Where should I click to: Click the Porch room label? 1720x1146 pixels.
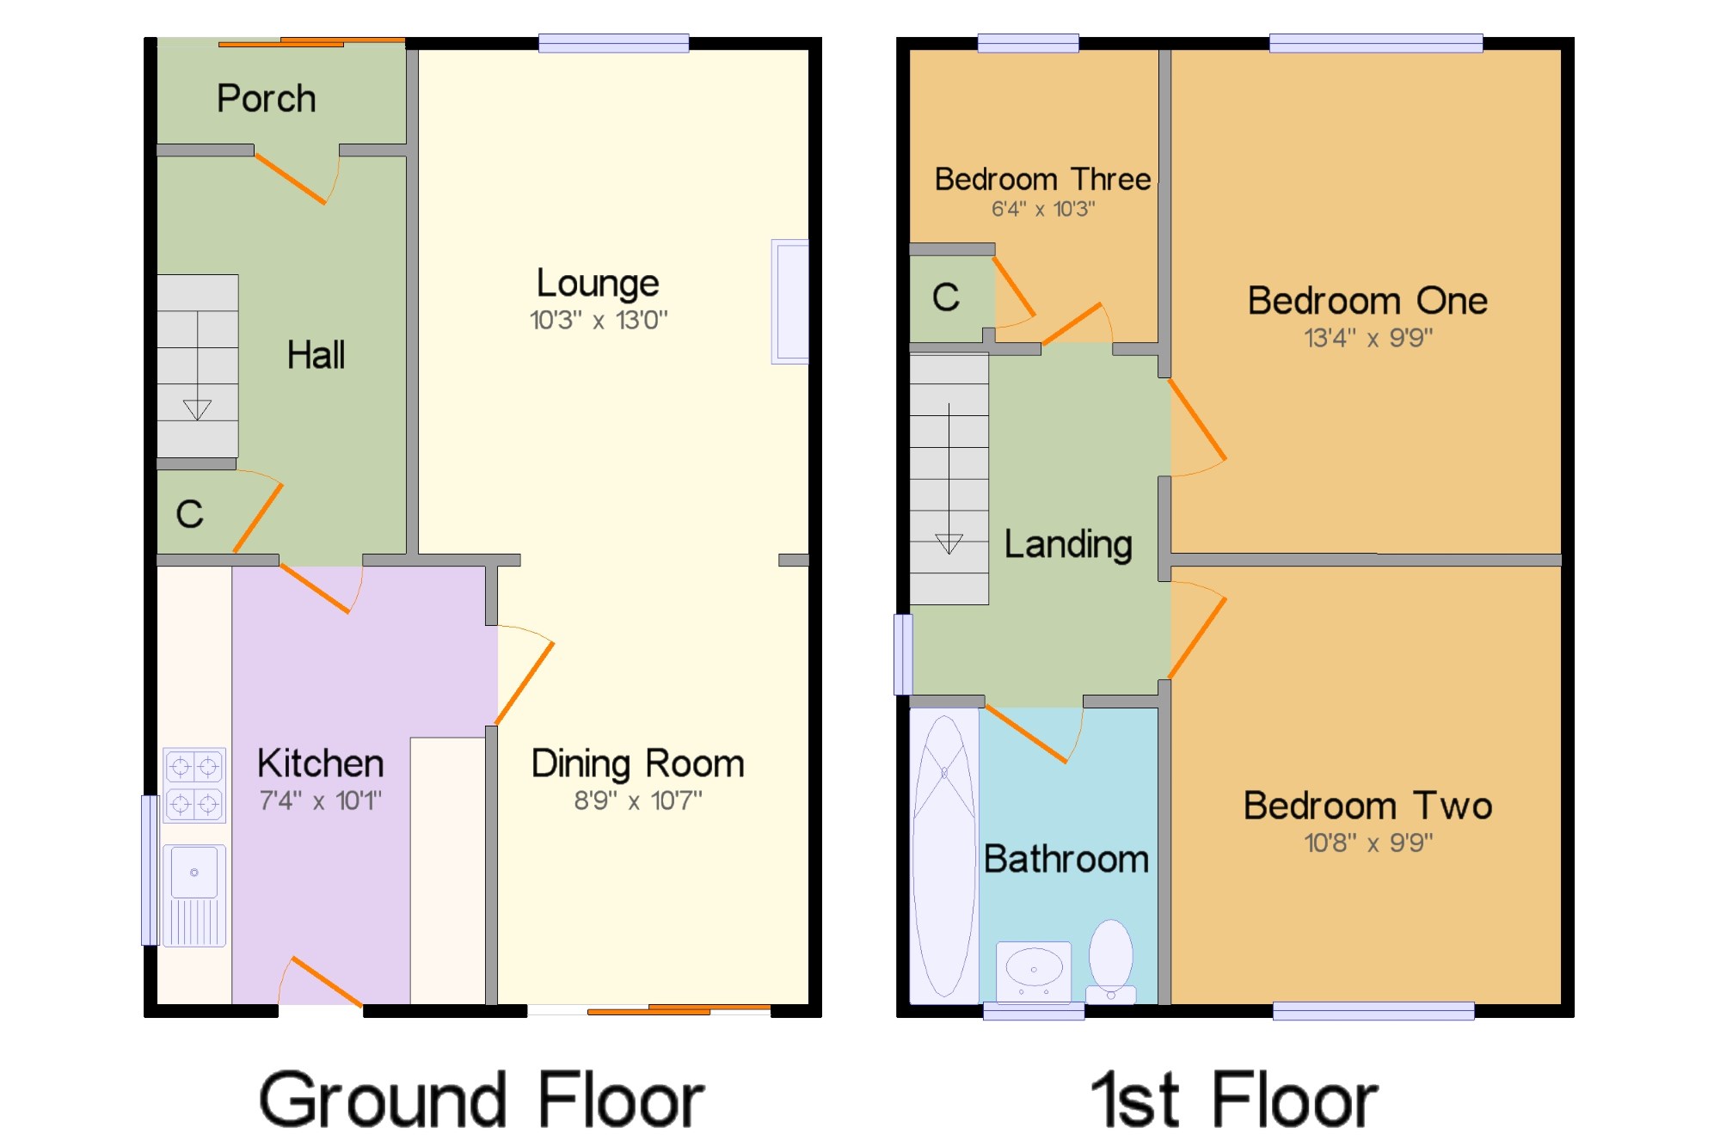(266, 99)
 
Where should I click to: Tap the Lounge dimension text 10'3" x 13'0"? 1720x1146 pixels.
(599, 320)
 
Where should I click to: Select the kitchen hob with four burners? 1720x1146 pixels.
(194, 785)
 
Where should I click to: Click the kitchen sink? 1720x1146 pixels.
(194, 895)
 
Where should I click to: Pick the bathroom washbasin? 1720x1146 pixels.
(1034, 971)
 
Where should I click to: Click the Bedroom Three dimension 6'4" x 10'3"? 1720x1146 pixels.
(1043, 209)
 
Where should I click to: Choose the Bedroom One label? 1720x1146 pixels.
(1367, 301)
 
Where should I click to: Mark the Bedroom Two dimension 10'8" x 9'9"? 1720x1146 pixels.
(1368, 843)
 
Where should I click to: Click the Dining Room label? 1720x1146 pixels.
(637, 763)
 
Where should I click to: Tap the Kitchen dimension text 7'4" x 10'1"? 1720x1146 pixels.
(320, 800)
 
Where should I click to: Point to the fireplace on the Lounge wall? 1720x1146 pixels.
(789, 302)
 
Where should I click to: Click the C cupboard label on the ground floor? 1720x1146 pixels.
(190, 514)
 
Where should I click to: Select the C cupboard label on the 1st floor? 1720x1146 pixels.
(946, 297)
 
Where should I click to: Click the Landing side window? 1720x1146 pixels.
(903, 654)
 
